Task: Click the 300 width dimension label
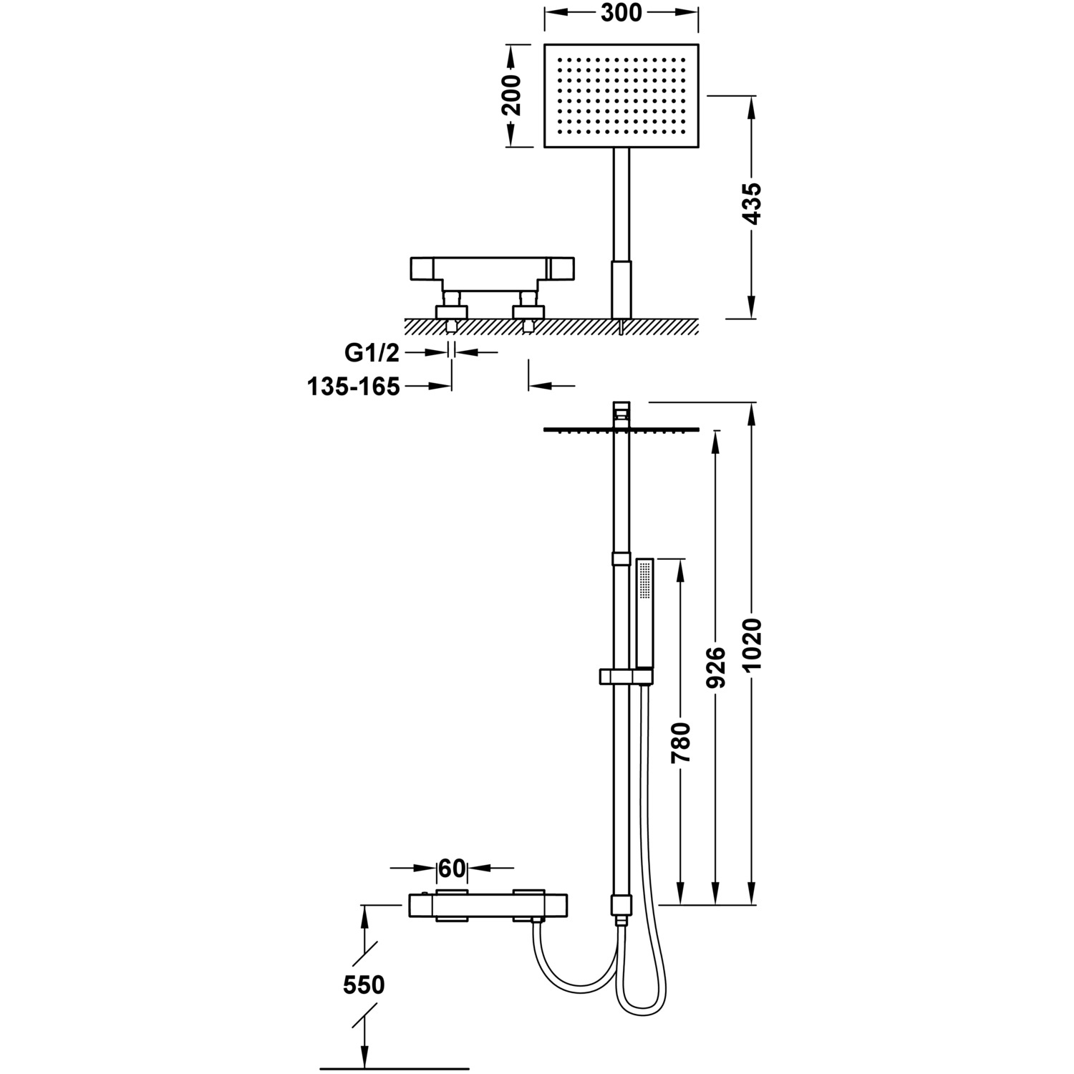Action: tap(621, 12)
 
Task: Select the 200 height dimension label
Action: tap(511, 95)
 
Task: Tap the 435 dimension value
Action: tap(752, 204)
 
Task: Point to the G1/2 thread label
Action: tap(372, 352)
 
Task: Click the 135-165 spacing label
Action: tap(353, 387)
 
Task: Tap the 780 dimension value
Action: tap(681, 743)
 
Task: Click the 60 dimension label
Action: tap(452, 868)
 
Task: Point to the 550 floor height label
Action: tap(364, 985)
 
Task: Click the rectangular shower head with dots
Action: tap(621, 95)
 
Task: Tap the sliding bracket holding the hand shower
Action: tap(624, 676)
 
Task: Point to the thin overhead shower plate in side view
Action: tap(621, 430)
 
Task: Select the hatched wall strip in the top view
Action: tap(551, 326)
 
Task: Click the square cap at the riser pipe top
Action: tap(621, 411)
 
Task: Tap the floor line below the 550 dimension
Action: tap(394, 1068)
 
